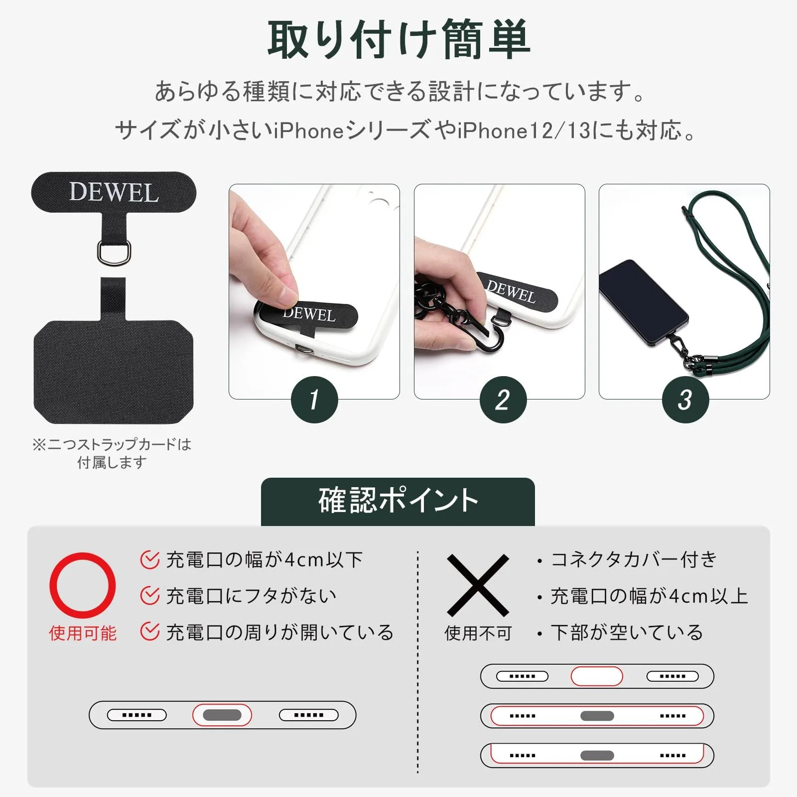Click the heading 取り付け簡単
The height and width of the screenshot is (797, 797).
(398, 40)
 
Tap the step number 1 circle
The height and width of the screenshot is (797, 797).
(314, 399)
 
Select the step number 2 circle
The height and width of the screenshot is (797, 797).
(503, 399)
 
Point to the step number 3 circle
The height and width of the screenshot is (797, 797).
(685, 399)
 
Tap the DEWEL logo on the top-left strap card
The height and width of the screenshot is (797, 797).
(114, 192)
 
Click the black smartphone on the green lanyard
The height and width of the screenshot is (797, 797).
(644, 302)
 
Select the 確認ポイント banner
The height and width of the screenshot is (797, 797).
(398, 502)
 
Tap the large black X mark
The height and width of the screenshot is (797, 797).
(478, 585)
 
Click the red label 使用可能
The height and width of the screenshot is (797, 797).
(83, 633)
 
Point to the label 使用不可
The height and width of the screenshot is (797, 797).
(478, 633)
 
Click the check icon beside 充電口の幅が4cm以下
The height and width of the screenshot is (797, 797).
(150, 560)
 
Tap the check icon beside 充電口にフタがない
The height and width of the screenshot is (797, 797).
(150, 596)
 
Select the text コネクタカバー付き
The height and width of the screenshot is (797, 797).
(634, 560)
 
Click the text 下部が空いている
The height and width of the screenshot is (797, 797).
(627, 633)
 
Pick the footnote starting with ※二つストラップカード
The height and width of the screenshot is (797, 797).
(112, 453)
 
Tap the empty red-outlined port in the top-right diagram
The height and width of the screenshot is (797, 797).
(597, 676)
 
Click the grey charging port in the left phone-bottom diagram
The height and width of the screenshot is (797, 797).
(222, 715)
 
